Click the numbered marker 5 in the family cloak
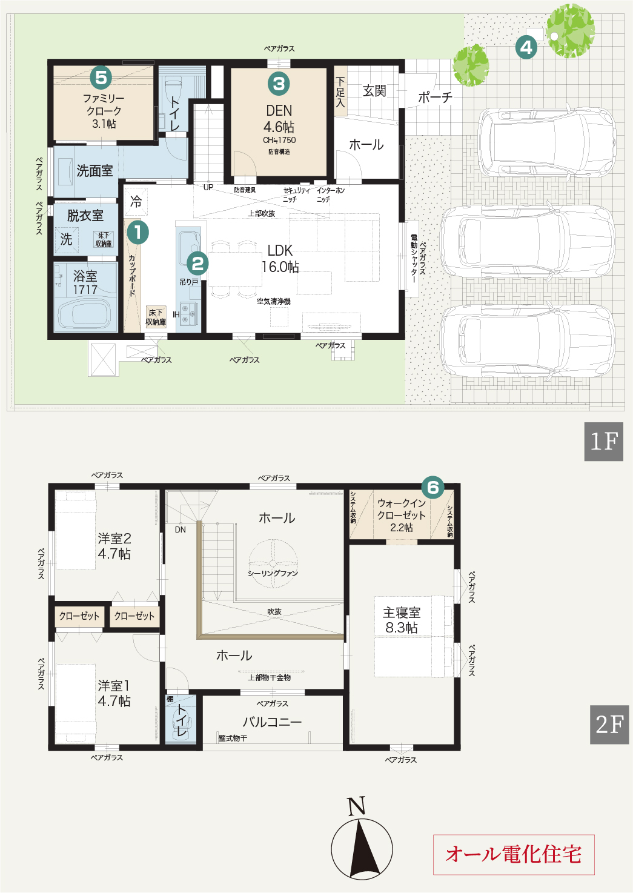point(101,78)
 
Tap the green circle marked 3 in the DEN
point(279,84)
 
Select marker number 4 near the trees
point(526,47)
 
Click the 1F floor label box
point(603,442)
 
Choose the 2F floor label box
point(609,725)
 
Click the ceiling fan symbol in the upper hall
point(273,563)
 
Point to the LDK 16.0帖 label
point(280,259)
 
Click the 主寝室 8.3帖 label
point(402,620)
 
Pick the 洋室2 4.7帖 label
point(114,546)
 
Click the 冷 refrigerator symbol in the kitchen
point(136,202)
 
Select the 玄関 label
point(374,91)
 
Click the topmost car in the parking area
point(547,142)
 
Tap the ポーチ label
point(435,97)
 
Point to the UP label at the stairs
point(208,187)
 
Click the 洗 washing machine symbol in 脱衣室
point(67,239)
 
